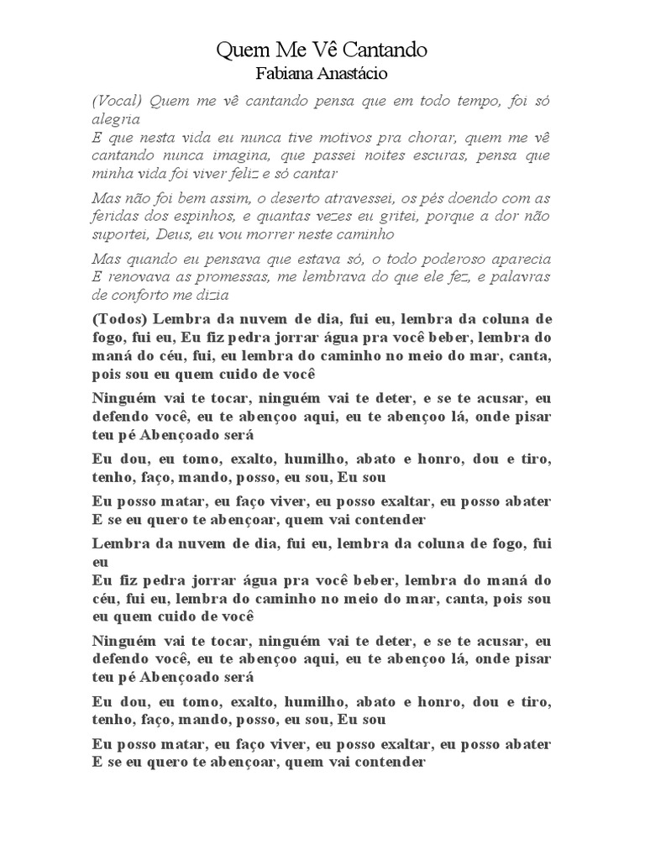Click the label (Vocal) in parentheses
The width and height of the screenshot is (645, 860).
[117, 101]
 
